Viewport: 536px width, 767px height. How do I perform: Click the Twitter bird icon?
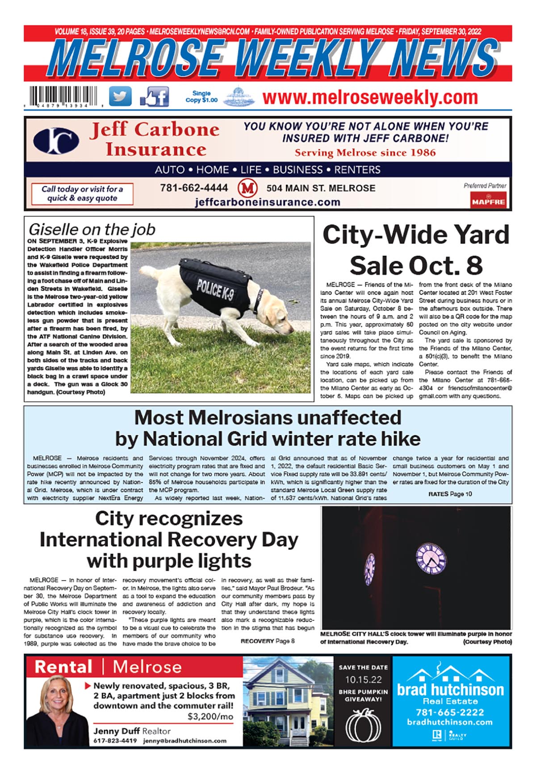(x=120, y=96)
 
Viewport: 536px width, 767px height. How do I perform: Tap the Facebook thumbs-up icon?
(x=155, y=96)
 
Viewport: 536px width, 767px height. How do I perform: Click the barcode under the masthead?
(x=65, y=96)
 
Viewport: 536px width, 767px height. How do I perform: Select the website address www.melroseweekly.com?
(x=370, y=97)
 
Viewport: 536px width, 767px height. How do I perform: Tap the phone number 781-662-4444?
(x=194, y=188)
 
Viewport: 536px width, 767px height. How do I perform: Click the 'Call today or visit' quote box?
(x=82, y=194)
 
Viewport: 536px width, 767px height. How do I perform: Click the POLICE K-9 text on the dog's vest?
(x=215, y=289)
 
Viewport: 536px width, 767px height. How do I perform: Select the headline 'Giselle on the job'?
(x=92, y=230)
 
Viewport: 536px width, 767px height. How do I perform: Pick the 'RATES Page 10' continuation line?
(x=450, y=494)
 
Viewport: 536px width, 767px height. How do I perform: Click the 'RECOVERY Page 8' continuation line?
(x=268, y=641)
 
